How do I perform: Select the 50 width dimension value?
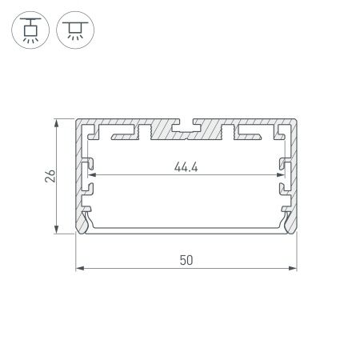coord(186,261)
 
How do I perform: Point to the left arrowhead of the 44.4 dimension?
coord(91,175)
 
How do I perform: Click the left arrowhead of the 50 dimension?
coord(78,267)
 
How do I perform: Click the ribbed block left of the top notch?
coord(145,129)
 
